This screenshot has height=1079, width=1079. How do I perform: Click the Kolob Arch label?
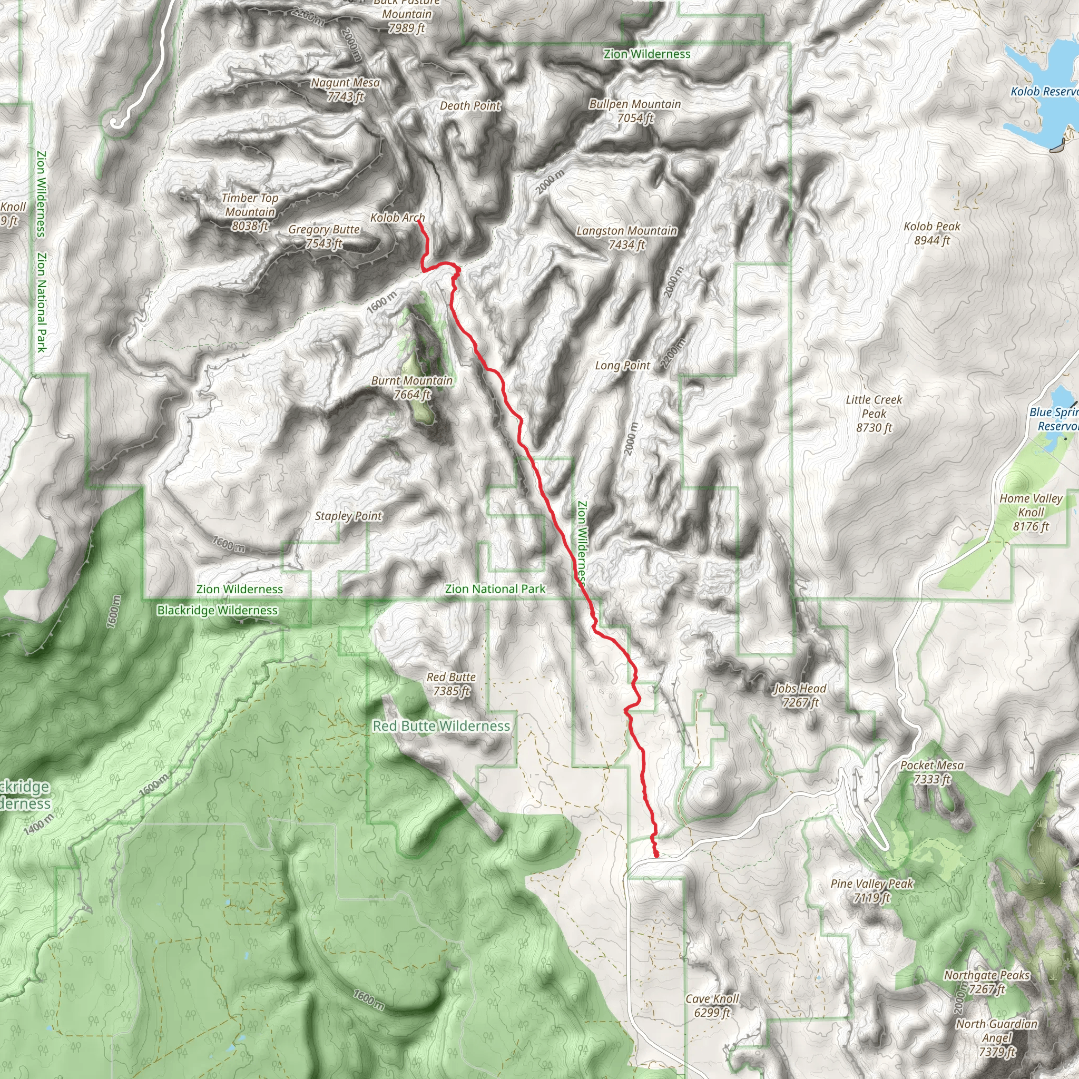click(x=397, y=217)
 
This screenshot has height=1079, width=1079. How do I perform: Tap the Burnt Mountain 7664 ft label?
click(x=412, y=388)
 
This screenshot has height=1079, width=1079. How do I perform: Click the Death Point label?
click(x=470, y=105)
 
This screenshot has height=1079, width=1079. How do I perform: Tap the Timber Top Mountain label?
click(x=250, y=212)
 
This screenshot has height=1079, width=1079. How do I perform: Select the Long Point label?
click(x=622, y=365)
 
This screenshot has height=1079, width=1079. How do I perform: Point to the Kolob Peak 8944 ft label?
click(x=931, y=233)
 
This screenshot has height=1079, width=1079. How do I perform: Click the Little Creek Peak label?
click(x=874, y=413)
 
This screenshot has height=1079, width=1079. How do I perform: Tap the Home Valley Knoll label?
click(x=1031, y=512)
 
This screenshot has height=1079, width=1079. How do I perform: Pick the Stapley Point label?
click(x=348, y=516)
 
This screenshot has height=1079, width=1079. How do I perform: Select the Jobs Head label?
click(x=800, y=695)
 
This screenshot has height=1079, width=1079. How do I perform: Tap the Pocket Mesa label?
click(x=931, y=772)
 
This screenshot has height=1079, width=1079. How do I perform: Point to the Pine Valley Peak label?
click(x=872, y=890)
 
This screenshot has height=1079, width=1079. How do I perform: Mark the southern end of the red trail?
click(x=656, y=855)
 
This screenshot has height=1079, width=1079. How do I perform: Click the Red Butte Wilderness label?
click(x=441, y=726)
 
